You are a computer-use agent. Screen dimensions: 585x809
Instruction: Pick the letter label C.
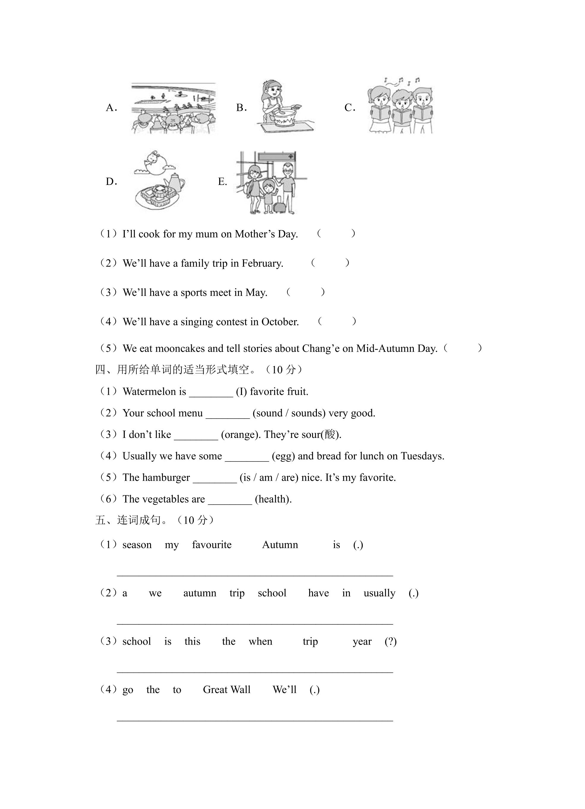coord(350,108)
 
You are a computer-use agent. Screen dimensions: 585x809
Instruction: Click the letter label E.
coord(222,182)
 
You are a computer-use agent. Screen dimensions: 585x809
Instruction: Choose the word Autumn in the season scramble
coord(280,545)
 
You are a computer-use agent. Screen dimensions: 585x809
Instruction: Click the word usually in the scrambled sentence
coord(380,593)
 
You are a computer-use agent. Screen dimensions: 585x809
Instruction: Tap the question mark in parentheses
coord(391,642)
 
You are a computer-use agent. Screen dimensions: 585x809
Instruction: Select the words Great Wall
coord(227,690)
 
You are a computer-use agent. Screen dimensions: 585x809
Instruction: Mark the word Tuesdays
coord(423,456)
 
